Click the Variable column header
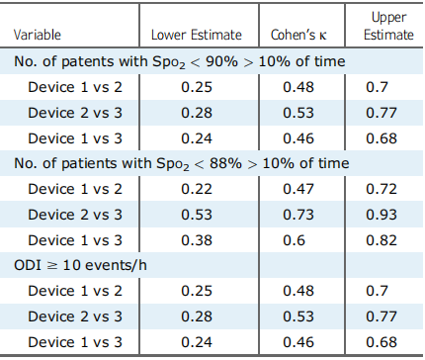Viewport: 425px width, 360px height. (38, 35)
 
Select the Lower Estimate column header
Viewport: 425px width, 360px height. (197, 35)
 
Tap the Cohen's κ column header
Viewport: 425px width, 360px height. (298, 35)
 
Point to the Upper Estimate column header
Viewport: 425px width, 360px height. (388, 26)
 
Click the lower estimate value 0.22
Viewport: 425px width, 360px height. (197, 189)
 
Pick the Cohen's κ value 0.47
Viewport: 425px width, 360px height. (298, 189)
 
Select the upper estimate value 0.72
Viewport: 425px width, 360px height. (382, 189)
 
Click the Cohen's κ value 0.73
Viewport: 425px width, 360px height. (298, 215)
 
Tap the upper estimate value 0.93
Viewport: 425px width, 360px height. (382, 215)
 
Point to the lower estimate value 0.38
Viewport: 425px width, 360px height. (197, 240)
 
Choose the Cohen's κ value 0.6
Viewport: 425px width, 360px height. (295, 240)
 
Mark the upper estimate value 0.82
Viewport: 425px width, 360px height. (382, 240)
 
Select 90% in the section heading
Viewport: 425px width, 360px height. (221, 61)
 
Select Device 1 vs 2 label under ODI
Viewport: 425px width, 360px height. (75, 291)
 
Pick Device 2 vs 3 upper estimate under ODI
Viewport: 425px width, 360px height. (382, 316)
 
